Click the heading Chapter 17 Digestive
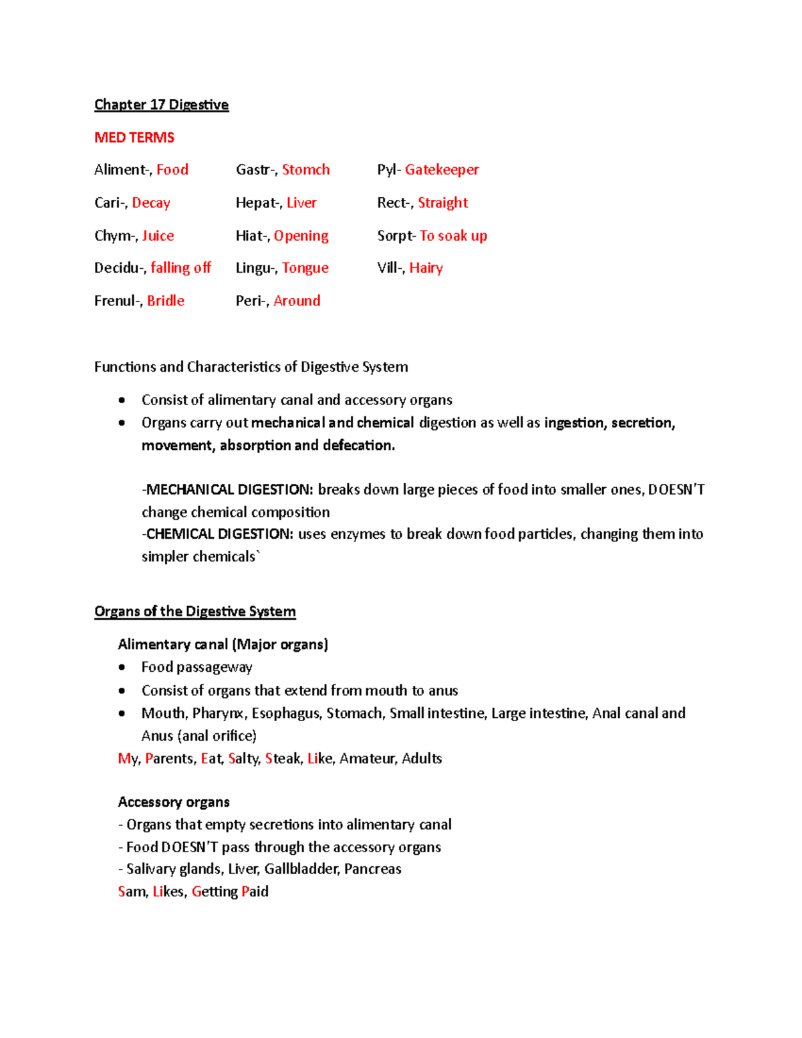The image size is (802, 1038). pos(161,105)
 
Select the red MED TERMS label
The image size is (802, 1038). pos(134,138)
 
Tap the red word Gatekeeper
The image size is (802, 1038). pos(442,170)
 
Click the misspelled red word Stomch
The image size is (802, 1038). pos(305,170)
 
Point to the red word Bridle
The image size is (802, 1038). pos(166,301)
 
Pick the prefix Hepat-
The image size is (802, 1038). pos(257,203)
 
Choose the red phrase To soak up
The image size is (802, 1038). pos(453,235)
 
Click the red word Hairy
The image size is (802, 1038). pos(426,268)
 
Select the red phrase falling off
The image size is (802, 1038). pos(180,268)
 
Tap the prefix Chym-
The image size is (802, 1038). pos(116,235)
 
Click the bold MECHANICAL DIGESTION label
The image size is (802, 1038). pos(229,490)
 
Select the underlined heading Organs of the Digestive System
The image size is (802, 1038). pos(194,612)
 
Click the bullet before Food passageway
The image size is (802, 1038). pos(122,668)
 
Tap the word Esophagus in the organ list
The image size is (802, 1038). pos(285,713)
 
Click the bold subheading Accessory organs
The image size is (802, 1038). pos(174,802)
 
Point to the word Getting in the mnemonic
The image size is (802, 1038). pos(215,892)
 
